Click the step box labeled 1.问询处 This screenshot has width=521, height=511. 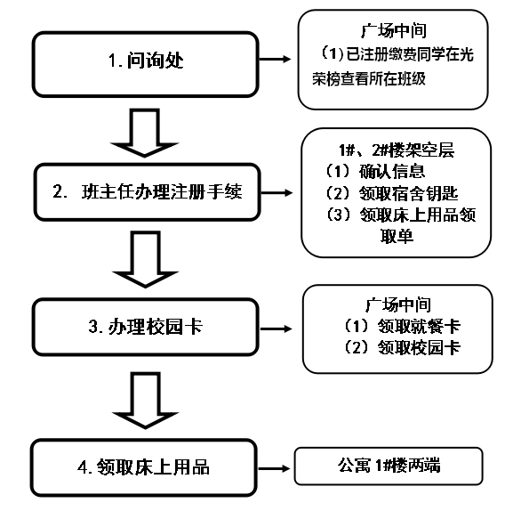click(x=147, y=61)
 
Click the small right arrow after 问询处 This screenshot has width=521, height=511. click(x=278, y=61)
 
